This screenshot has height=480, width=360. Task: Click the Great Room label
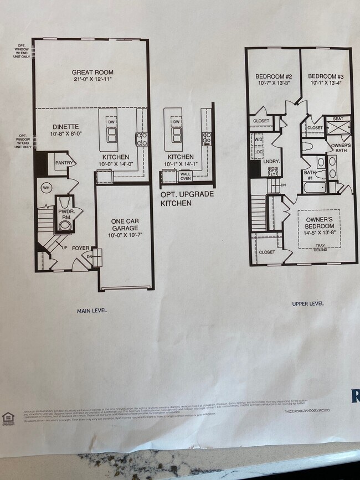(92, 72)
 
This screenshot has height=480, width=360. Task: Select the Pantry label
(64, 162)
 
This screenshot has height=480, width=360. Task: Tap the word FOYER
(81, 248)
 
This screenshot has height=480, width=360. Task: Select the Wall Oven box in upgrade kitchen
(185, 176)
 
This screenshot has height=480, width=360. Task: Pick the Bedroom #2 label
(269, 76)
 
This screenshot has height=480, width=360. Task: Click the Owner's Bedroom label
(318, 223)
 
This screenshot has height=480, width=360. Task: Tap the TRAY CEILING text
(320, 247)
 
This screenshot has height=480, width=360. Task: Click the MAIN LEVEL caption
(92, 311)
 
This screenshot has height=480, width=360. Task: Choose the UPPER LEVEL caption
(308, 304)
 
